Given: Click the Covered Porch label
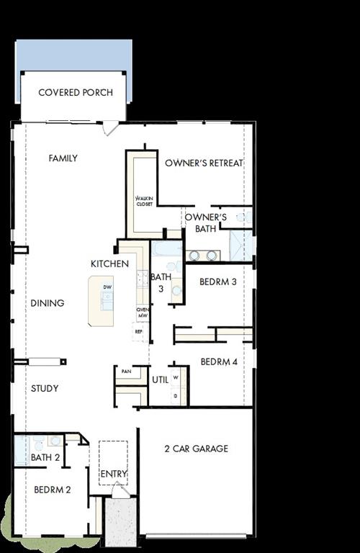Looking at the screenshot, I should [x=76, y=93].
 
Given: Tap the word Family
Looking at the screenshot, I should [x=63, y=158].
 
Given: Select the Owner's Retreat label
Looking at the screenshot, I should [x=204, y=163].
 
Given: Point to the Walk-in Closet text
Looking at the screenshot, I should [x=145, y=200].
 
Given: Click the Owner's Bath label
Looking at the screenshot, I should [x=206, y=223].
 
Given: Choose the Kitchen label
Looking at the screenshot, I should [x=109, y=264].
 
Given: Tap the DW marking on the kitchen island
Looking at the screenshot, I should [x=107, y=287].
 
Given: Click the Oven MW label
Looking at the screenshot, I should [x=143, y=313].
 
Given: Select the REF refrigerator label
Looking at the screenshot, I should [x=140, y=333].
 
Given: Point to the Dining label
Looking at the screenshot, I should [x=48, y=303].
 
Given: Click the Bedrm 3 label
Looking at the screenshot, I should [x=218, y=282].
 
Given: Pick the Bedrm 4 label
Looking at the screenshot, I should [x=219, y=362].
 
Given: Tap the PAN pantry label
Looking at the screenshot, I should [x=126, y=372].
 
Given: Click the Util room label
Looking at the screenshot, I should [x=160, y=379].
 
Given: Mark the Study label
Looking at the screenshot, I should [x=45, y=389].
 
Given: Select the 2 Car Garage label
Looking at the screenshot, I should [x=196, y=449].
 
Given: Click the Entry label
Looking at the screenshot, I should [x=114, y=474].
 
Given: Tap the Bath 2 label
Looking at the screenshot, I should [x=45, y=457].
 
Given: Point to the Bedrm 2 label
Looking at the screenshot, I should [x=52, y=490].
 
